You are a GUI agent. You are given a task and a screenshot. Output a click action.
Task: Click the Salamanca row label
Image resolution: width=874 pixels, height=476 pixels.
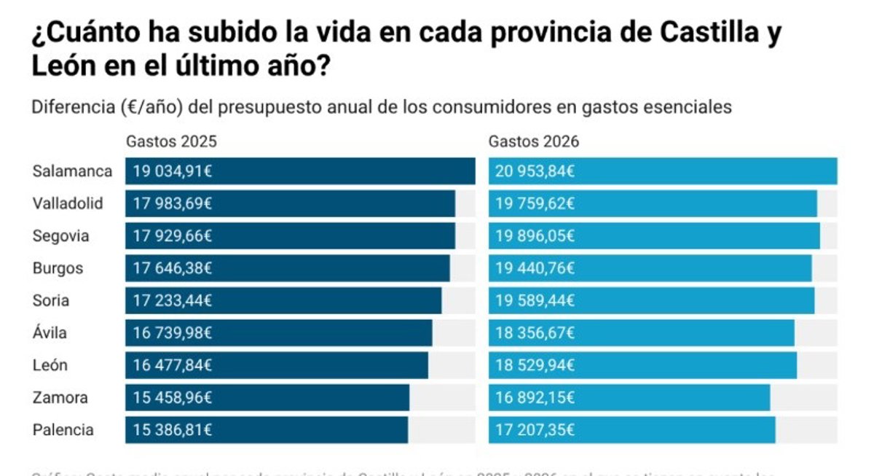point(72,171)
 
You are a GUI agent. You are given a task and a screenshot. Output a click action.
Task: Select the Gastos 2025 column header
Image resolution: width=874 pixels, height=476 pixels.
point(171,141)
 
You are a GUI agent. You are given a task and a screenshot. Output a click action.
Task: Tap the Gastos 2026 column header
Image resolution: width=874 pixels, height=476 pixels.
point(534,141)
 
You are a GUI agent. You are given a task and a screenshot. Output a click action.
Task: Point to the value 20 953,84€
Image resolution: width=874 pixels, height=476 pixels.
point(535,172)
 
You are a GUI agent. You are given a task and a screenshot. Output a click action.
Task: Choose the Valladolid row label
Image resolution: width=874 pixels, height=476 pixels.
point(68,203)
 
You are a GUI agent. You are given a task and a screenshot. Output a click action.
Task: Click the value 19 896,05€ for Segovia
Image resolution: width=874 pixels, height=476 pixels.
point(535,236)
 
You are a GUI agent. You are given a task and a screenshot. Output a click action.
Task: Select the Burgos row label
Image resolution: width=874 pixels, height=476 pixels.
point(58,268)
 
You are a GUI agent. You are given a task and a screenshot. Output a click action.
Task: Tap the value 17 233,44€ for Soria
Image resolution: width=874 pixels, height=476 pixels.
point(172,300)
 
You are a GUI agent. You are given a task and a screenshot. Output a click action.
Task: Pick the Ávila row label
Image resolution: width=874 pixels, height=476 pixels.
point(50,333)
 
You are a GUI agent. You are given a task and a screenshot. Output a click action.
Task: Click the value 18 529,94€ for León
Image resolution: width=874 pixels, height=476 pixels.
point(535,365)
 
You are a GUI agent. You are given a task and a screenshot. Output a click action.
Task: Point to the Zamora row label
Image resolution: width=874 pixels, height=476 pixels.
point(60,398)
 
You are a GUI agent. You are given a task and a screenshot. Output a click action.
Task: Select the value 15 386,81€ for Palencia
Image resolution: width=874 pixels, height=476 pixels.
point(172,430)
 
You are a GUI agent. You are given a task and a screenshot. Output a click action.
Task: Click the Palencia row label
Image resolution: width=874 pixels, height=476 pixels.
point(63,430)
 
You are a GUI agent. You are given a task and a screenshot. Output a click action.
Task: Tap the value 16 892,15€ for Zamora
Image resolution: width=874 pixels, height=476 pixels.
point(535,398)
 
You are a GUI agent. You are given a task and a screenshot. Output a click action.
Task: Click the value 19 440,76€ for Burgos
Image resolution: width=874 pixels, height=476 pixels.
point(535,268)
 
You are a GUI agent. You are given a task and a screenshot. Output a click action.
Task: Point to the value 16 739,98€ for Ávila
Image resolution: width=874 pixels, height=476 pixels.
point(172,333)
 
